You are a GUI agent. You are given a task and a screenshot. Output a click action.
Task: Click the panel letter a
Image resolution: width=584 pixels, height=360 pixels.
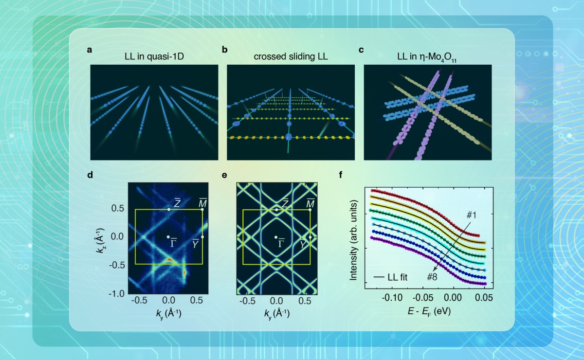click(90, 49)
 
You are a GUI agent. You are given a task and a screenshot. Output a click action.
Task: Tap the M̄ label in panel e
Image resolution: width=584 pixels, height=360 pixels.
click(310, 203)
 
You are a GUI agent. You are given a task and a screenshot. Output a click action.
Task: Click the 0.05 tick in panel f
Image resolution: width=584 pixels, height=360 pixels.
click(482, 296)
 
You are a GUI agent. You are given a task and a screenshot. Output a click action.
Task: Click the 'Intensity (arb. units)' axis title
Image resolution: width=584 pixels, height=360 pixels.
click(354, 238)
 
